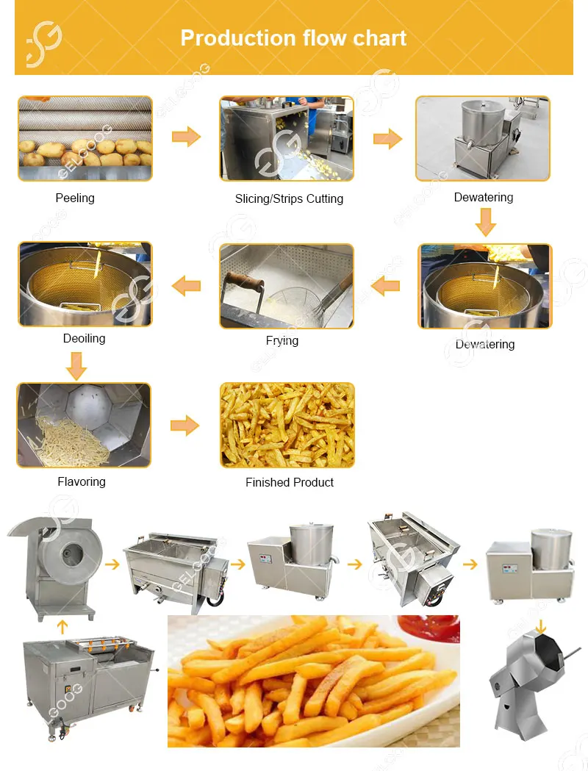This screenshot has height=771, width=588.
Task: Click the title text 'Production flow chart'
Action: (x=293, y=38)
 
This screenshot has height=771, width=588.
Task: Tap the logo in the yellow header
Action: (x=44, y=42)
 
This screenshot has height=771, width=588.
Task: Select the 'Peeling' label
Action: (x=75, y=198)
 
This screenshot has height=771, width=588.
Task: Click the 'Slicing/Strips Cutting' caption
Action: (x=289, y=198)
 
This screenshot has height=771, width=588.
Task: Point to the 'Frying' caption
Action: (x=282, y=340)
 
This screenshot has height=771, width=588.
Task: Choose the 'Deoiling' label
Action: (x=84, y=338)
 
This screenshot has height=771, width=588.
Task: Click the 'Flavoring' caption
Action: (x=82, y=481)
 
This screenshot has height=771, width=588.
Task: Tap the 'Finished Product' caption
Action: (x=290, y=482)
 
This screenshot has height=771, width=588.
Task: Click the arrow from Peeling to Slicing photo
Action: (x=186, y=137)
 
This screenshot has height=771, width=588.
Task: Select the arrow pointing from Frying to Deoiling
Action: (x=186, y=285)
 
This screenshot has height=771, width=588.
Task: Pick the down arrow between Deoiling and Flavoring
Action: (x=76, y=365)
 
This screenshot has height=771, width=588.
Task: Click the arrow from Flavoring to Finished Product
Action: (x=185, y=426)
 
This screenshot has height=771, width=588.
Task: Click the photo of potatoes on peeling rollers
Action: (x=85, y=138)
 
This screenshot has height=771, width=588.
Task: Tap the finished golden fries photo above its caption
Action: (x=287, y=425)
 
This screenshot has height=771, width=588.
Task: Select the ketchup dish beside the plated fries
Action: (x=429, y=630)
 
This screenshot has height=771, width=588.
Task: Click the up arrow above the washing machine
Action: (x=62, y=626)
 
